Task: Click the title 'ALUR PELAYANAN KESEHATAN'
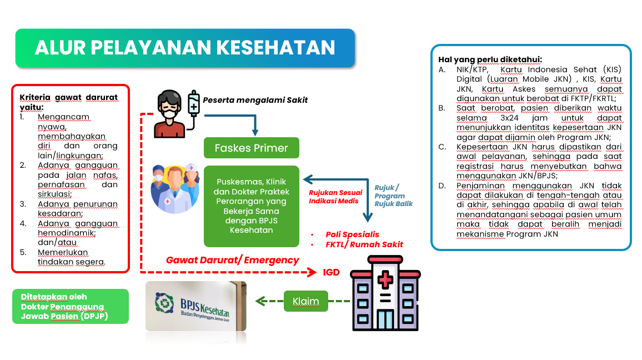pyautogui.click(x=185, y=48)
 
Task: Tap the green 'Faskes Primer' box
pyautogui.click(x=252, y=148)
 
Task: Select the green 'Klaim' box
pyautogui.click(x=305, y=301)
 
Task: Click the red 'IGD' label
pyautogui.click(x=331, y=273)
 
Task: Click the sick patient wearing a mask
pyautogui.click(x=169, y=115)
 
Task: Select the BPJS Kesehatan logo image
pyautogui.click(x=195, y=305)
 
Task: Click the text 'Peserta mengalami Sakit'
pyautogui.click(x=255, y=101)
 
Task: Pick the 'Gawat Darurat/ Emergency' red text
pyautogui.click(x=233, y=260)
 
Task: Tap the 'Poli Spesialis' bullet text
pyautogui.click(x=353, y=234)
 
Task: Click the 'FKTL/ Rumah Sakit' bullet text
pyautogui.click(x=364, y=244)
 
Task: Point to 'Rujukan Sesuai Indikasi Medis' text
pyautogui.click(x=335, y=197)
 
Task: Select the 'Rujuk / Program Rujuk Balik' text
pyautogui.click(x=393, y=196)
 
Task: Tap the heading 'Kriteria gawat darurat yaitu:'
pyautogui.click(x=68, y=102)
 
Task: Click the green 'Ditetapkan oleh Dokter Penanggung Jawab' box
pyautogui.click(x=70, y=306)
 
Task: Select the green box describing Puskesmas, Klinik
pyautogui.click(x=252, y=206)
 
